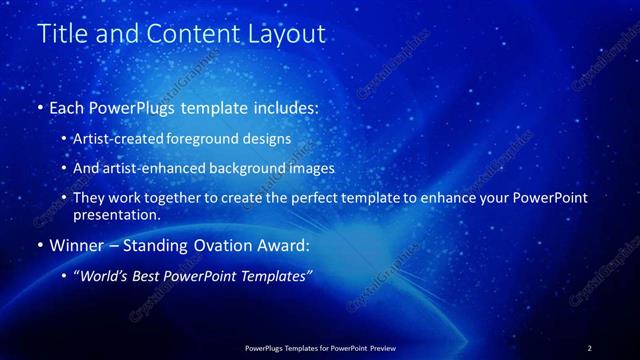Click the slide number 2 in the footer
pos(590,347)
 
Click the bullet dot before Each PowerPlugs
pos(39,106)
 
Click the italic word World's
pos(105,276)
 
